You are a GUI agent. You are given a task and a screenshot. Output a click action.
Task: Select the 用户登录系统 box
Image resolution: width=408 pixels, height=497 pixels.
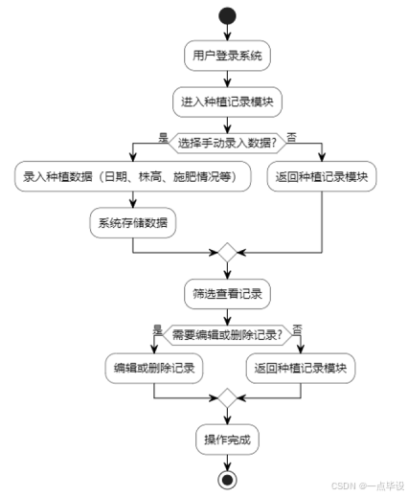tap(227, 56)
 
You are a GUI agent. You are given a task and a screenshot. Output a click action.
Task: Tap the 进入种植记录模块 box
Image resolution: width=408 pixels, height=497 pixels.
tap(227, 100)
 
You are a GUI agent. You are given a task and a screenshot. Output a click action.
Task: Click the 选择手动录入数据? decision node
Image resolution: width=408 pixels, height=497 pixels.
tap(227, 143)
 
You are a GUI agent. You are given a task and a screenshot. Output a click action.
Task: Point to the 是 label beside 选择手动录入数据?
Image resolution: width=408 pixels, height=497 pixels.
tap(162, 135)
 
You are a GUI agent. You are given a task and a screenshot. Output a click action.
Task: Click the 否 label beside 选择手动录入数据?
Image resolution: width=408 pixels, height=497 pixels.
tap(292, 135)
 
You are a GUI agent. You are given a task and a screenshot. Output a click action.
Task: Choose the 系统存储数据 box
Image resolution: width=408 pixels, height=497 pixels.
tap(132, 223)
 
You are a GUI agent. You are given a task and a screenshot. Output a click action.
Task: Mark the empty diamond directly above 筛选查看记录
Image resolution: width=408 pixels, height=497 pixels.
tap(227, 254)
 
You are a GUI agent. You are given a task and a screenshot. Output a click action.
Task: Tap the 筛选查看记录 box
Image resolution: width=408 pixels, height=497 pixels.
tap(227, 292)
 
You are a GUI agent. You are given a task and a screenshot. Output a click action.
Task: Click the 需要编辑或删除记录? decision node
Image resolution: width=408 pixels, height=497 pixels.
tap(227, 334)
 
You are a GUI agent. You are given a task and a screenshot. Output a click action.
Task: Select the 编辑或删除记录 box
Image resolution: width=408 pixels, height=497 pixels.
tap(153, 368)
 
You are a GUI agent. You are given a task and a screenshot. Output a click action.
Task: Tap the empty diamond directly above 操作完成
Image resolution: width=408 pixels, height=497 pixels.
tap(227, 397)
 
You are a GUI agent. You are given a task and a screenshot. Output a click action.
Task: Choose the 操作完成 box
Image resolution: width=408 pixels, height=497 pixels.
tap(227, 440)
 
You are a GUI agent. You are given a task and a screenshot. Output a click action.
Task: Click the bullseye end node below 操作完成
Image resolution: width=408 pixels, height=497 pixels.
tap(227, 479)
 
